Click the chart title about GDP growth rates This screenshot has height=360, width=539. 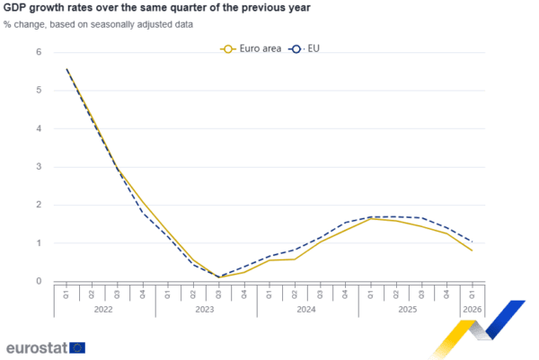click(x=157, y=8)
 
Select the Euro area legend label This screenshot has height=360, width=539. click(x=258, y=48)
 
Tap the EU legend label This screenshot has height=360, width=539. click(x=314, y=48)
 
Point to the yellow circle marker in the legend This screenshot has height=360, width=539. click(x=228, y=48)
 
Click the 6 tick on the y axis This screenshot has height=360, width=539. click(x=39, y=52)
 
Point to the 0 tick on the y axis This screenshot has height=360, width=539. click(x=39, y=280)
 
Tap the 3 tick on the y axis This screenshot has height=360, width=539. click(x=39, y=166)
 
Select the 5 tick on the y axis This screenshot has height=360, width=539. click(x=39, y=90)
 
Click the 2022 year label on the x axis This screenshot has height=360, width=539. click(x=104, y=309)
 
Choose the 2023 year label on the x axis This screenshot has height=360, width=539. click(x=206, y=309)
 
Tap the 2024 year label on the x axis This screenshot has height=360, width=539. click(x=307, y=309)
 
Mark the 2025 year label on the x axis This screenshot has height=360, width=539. click(x=409, y=309)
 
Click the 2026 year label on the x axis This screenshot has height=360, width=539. click(x=473, y=309)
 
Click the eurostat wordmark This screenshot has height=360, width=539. click(x=36, y=347)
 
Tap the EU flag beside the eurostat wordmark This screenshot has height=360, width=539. click(x=78, y=347)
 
